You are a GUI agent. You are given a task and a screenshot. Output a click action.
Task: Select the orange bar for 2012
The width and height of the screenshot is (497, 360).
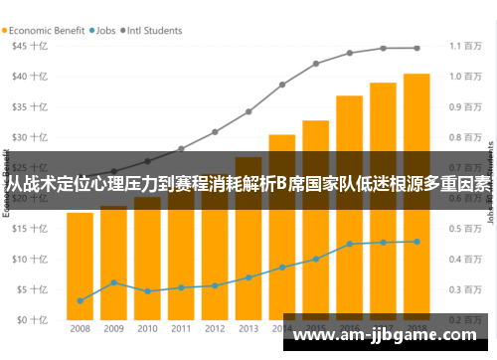(215, 259)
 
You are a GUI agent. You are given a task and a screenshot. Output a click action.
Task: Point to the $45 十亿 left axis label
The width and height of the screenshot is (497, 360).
(28, 46)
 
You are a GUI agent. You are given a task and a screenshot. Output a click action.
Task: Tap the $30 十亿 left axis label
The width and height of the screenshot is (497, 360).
(28, 137)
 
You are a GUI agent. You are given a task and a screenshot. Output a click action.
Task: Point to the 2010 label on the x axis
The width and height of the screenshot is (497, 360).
(147, 328)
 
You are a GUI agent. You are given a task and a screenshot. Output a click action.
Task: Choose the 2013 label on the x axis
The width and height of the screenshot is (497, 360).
(248, 328)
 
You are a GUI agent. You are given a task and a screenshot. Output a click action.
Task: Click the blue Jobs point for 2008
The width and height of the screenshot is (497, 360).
(80, 300)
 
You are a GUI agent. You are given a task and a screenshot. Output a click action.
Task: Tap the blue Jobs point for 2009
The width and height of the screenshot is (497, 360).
(113, 282)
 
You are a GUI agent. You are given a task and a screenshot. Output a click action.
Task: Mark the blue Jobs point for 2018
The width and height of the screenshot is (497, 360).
(416, 242)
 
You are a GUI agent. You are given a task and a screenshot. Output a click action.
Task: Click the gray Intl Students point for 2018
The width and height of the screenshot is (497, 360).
(416, 48)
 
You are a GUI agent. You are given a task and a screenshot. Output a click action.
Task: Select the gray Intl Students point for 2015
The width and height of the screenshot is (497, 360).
(316, 64)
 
